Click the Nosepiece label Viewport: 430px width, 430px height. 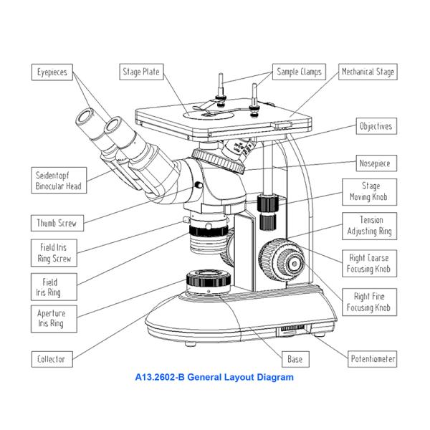376,163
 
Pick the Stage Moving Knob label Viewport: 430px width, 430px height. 370,191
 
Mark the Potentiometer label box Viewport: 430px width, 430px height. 372,358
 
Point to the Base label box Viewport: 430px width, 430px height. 295,358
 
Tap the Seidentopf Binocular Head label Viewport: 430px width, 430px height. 59,180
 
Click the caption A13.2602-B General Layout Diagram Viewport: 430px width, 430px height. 214,376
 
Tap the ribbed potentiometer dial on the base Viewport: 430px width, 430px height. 292,330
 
